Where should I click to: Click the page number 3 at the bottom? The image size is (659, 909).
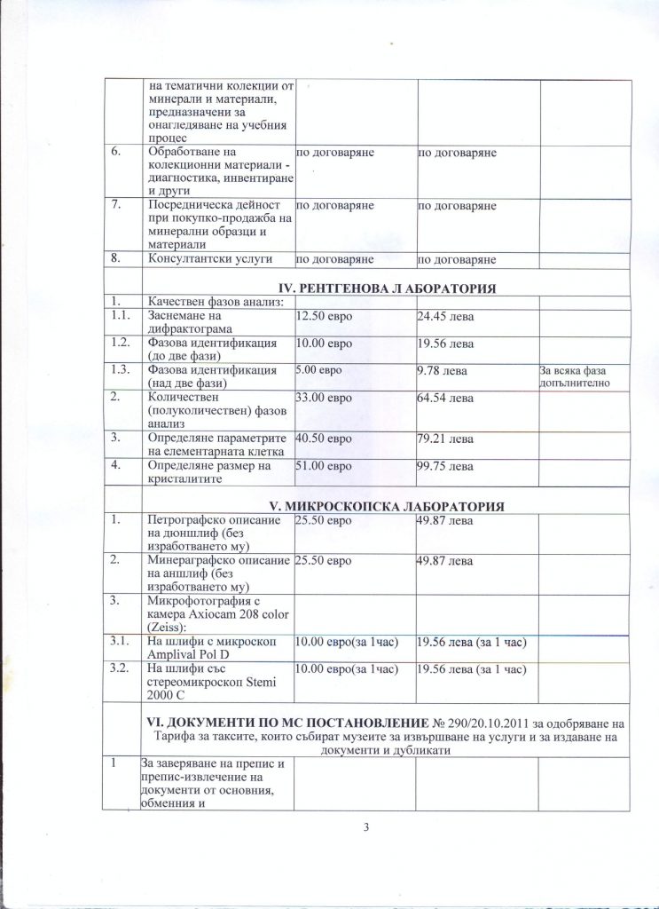(x=365, y=829)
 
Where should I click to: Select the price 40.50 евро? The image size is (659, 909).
(x=323, y=439)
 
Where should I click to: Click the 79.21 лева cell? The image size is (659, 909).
(x=444, y=439)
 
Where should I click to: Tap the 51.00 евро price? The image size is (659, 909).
(x=323, y=466)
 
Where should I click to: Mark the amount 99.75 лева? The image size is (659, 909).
(x=444, y=466)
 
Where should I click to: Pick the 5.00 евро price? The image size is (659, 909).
(x=319, y=370)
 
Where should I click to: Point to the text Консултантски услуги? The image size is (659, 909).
(x=206, y=259)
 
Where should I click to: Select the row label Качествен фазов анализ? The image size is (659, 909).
(x=214, y=302)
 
